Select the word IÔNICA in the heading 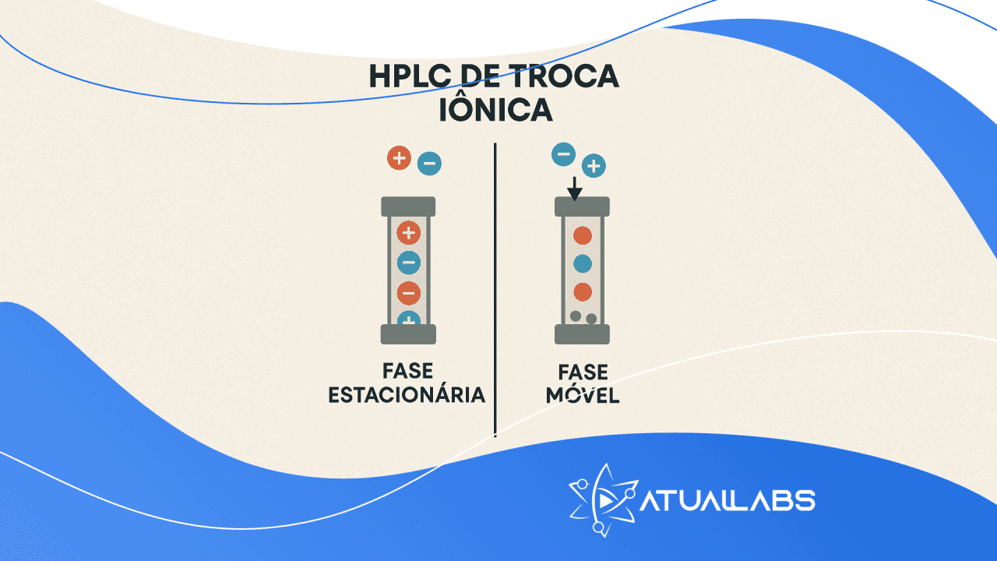coord(495,110)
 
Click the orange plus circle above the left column coord(399,158)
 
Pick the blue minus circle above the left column coord(429,164)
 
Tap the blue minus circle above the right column coord(563,154)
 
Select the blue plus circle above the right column coord(594,165)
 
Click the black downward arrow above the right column coord(574,188)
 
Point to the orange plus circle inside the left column coord(408,232)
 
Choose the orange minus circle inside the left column coord(408,293)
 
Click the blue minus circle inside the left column coord(408,263)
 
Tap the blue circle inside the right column coord(582,263)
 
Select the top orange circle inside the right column coord(582,235)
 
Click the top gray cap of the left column coord(408,206)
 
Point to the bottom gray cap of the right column coord(582,334)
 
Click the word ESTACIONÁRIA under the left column coord(407,394)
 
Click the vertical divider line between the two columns coord(495,288)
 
